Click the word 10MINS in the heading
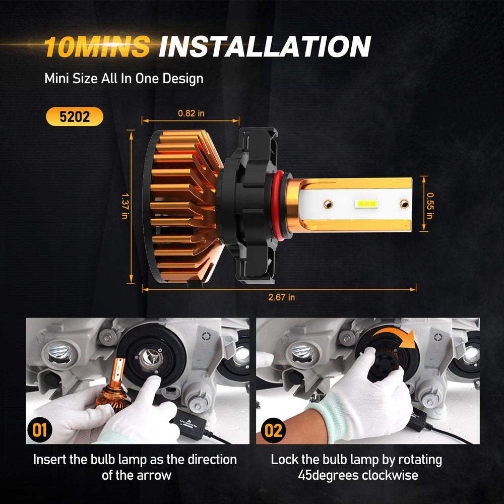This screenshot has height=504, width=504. click(x=97, y=46)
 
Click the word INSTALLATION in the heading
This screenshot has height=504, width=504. click(x=265, y=46)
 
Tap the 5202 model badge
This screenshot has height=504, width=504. click(x=75, y=116)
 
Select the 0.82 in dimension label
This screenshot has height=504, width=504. click(x=191, y=113)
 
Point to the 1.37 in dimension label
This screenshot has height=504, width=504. click(x=125, y=206)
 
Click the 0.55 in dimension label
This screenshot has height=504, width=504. click(x=430, y=206)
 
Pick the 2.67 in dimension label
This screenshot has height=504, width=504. click(x=282, y=297)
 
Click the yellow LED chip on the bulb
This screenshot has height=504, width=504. click(x=366, y=204)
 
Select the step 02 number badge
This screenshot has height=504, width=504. click(x=273, y=430)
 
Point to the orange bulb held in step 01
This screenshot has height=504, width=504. click(x=112, y=387)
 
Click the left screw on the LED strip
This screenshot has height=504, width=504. click(x=328, y=204)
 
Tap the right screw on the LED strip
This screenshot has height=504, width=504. click(x=404, y=204)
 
